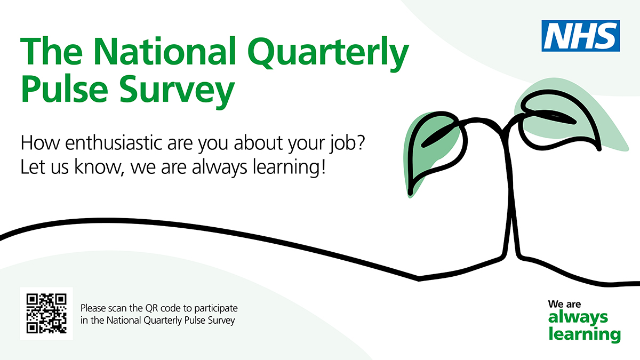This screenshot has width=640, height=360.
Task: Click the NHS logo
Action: (x=581, y=36)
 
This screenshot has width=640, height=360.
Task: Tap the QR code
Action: (x=46, y=314)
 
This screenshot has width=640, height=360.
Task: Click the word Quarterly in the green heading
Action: (x=329, y=53)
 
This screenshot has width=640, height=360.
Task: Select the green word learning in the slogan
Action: (x=585, y=335)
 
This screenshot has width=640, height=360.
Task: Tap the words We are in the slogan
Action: (x=564, y=304)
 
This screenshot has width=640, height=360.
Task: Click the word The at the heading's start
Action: (x=51, y=51)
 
